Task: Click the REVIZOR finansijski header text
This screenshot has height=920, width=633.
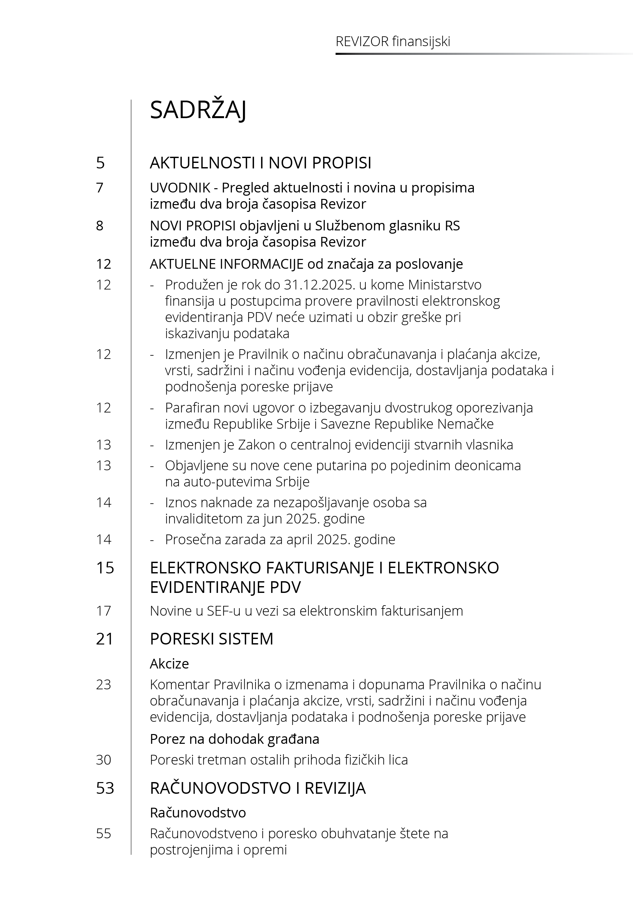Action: pos(393,42)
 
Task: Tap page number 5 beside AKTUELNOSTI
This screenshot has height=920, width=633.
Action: pos(100,163)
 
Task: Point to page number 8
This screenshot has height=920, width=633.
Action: pos(100,226)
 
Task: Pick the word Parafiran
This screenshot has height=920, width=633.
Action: pos(192,407)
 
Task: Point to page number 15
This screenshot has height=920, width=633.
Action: pos(105,568)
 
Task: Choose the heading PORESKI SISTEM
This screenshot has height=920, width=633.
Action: pos(211,639)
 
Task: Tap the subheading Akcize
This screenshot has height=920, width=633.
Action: pos(169,663)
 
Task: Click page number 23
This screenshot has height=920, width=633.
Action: pos(104,684)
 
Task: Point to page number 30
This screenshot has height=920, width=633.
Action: pos(104,760)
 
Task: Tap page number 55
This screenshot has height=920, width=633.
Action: pos(104,833)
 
